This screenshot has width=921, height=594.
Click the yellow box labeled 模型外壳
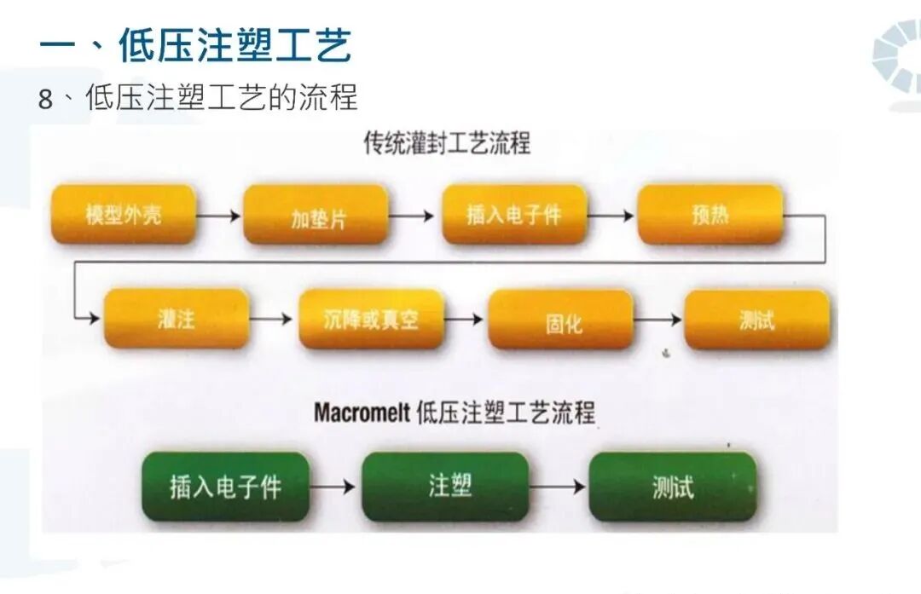125,214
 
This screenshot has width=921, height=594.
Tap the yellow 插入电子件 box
514,215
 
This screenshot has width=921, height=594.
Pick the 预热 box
710,214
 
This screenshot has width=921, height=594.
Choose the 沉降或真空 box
372,319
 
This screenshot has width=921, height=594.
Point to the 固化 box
561,320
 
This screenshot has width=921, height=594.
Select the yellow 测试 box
756,320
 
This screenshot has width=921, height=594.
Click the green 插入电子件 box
225,487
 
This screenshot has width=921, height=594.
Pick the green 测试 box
672,487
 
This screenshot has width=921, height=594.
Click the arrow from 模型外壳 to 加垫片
219,216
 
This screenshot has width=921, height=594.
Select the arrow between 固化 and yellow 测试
658,320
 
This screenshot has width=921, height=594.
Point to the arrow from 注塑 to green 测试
558,487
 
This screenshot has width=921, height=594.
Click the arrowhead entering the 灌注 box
94,319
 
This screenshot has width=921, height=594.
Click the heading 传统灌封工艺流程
447,143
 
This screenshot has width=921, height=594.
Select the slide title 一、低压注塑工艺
196,44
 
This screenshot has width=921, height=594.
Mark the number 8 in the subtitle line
45,99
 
